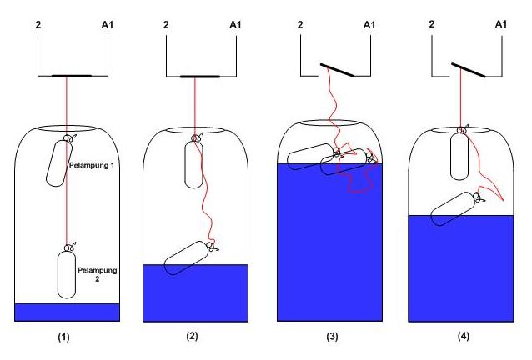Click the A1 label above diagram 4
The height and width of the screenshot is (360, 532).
pyautogui.click(x=501, y=26)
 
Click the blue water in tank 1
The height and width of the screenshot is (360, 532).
pyautogui.click(x=67, y=312)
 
